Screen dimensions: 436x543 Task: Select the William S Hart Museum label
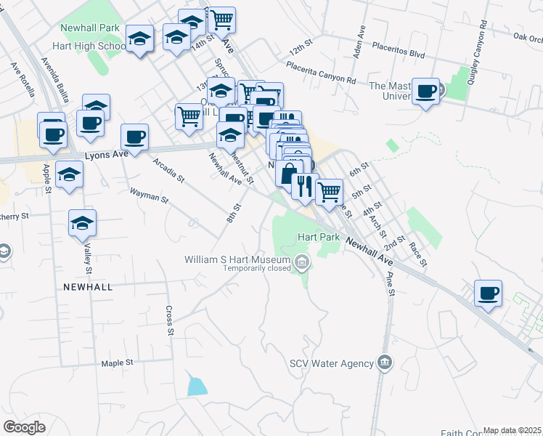point(237,259)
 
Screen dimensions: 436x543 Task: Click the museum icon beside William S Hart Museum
point(302,261)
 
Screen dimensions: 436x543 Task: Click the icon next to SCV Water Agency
point(385,363)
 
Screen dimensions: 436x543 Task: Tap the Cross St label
point(169,319)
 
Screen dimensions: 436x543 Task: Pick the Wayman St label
point(148,195)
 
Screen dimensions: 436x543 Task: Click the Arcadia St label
point(169,169)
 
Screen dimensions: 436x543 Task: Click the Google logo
point(25,427)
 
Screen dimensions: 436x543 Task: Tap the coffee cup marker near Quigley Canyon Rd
point(488,294)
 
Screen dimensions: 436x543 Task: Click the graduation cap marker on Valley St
point(82,224)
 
